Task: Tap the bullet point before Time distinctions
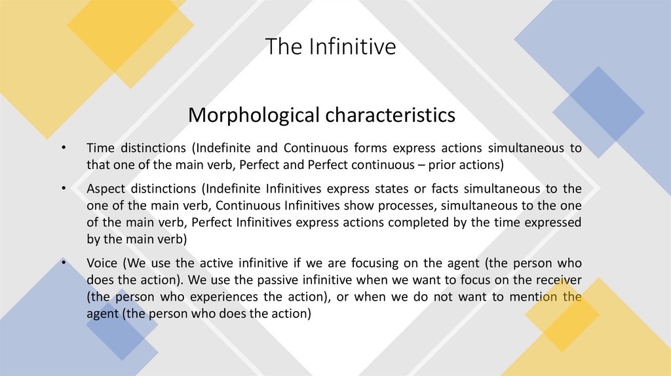click(x=64, y=148)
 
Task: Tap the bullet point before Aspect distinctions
click(x=64, y=189)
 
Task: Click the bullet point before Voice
click(x=64, y=263)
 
